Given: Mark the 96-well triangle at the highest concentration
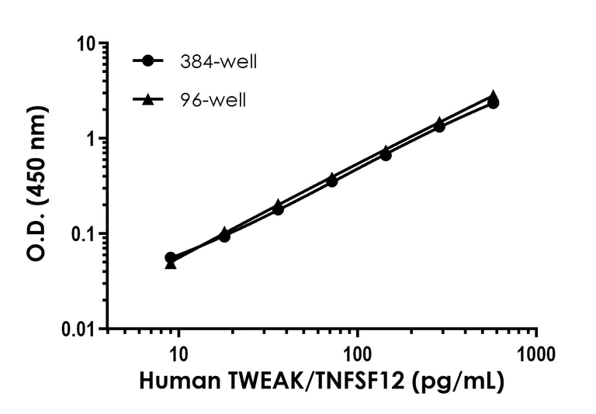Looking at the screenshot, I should point(494,96).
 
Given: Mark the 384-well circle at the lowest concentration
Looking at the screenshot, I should point(171,257).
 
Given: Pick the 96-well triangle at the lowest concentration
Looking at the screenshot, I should point(171,264).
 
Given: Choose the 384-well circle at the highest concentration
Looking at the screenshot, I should point(494,102).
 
